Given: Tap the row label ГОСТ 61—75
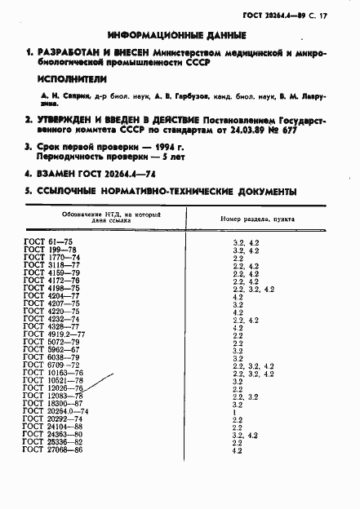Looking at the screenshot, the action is (x=51, y=243).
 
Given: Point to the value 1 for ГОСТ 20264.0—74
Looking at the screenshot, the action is (x=234, y=411).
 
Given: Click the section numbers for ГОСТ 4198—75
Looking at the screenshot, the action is (x=253, y=289).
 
